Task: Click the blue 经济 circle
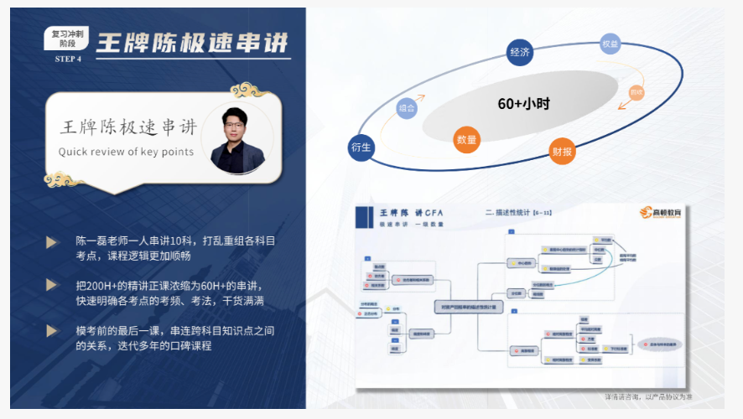tap(520, 53)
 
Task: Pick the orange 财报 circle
tap(562, 152)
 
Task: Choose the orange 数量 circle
tap(466, 140)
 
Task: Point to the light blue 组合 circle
tap(408, 108)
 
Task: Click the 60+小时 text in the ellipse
tap(523, 104)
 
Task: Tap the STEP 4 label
tap(68, 59)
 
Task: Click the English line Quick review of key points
tap(126, 152)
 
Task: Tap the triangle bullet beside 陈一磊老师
tap(52, 241)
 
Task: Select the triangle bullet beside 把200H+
tap(52, 285)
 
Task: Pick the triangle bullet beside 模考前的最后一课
tap(52, 330)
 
